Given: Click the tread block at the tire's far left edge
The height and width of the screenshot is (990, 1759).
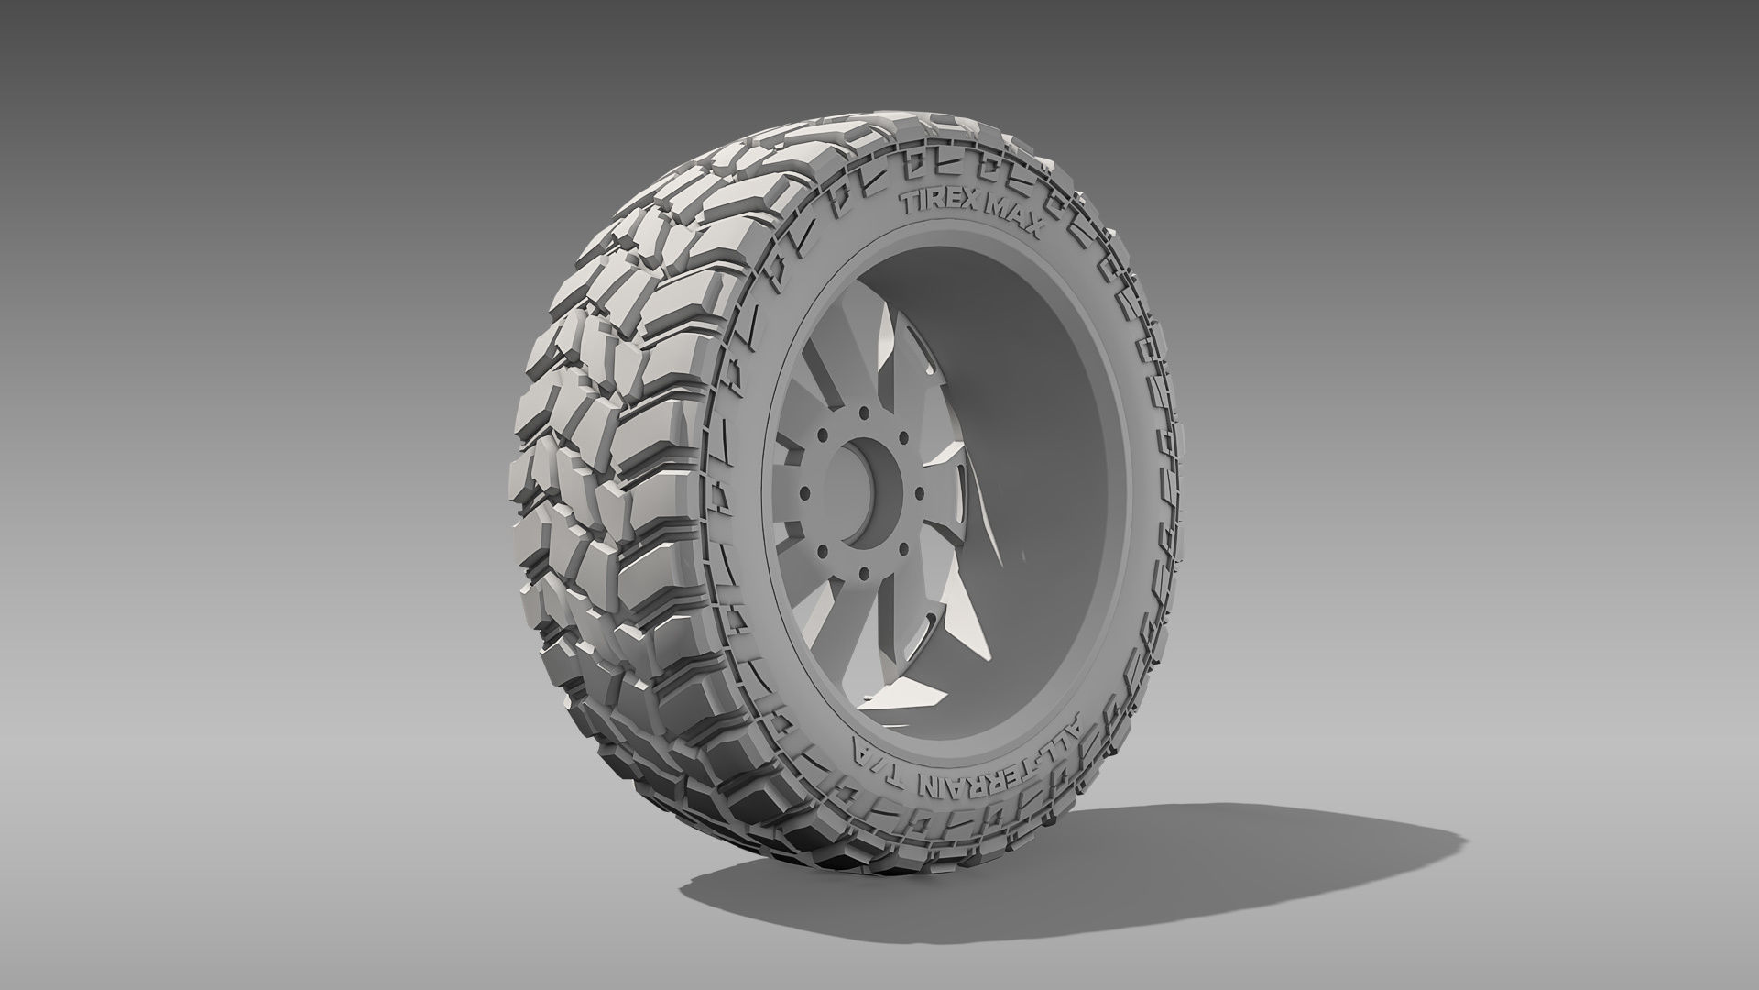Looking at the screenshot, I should [522, 477].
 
